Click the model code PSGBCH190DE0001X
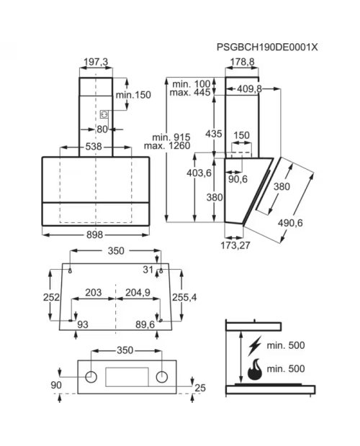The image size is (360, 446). click(267, 47)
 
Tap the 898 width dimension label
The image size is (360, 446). click(94, 235)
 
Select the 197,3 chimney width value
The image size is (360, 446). click(96, 62)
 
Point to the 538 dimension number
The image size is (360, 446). click(94, 147)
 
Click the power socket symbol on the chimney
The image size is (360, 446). click(104, 114)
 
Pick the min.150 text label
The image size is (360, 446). click(133, 95)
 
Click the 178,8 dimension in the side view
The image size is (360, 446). click(242, 62)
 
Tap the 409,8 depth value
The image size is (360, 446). click(250, 88)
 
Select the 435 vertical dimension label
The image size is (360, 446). click(213, 134)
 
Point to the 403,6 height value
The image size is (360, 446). click(199, 173)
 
